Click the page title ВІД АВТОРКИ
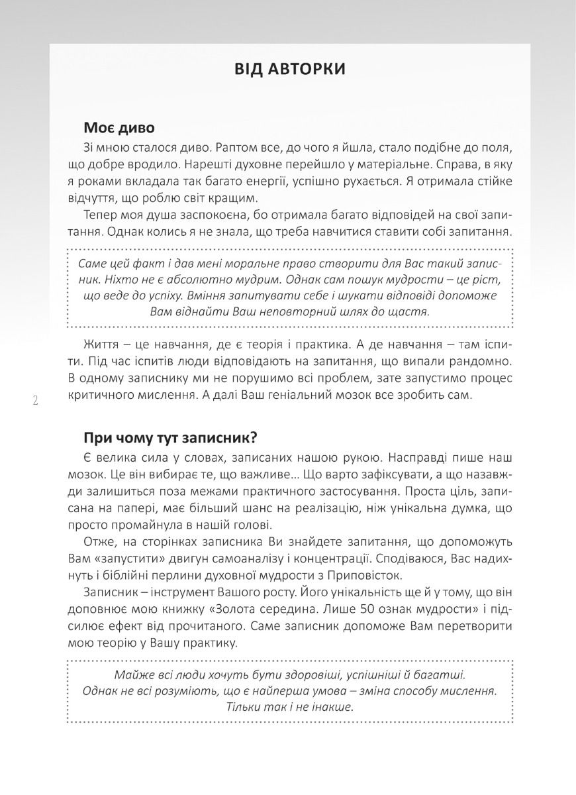tap(289, 70)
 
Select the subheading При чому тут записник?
tap(170, 438)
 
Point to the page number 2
tap(35, 400)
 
